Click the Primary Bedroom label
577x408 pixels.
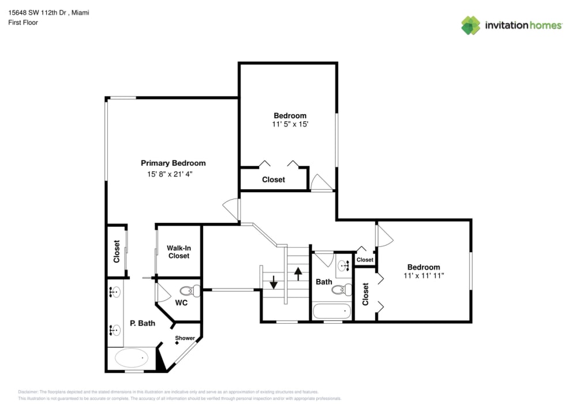pyautogui.click(x=173, y=163)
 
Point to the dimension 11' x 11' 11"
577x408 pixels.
pyautogui.click(x=424, y=276)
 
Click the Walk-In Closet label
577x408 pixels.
pyautogui.click(x=178, y=252)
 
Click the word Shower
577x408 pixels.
pyautogui.click(x=185, y=338)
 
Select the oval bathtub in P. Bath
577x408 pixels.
pyautogui.click(x=131, y=358)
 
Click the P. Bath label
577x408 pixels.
pyautogui.click(x=142, y=323)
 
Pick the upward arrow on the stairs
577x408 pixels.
pyautogui.click(x=298, y=273)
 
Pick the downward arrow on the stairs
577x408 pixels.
pyautogui.click(x=273, y=283)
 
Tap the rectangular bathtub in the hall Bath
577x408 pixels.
pyautogui.click(x=332, y=312)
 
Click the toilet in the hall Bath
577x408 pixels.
pyautogui.click(x=340, y=290)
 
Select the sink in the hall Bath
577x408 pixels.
pyautogui.click(x=343, y=266)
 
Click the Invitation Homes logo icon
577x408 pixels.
pyautogui.click(x=470, y=25)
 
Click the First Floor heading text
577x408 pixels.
pyautogui.click(x=23, y=23)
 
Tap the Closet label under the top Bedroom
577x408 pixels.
pyautogui.click(x=273, y=179)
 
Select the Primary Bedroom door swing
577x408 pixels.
pyautogui.click(x=230, y=207)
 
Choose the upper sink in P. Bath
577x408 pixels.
pyautogui.click(x=114, y=293)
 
